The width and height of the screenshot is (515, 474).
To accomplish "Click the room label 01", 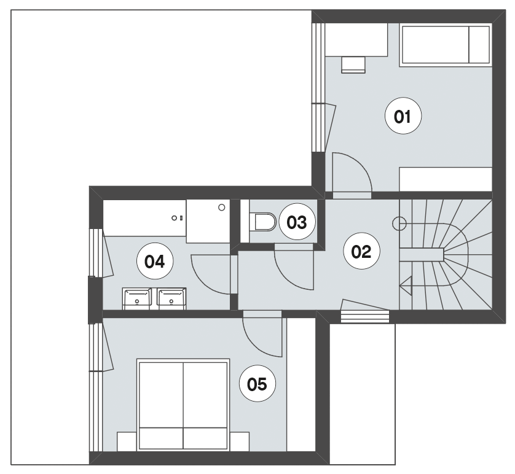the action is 403,116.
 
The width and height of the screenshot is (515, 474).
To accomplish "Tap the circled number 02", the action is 361,251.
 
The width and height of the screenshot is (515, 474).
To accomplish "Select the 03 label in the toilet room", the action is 297,222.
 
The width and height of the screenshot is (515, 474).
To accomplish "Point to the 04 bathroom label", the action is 155,261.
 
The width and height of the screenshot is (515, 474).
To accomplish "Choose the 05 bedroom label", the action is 257,384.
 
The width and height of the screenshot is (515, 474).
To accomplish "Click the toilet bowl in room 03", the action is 262,222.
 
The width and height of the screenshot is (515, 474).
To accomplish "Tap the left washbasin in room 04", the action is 137,298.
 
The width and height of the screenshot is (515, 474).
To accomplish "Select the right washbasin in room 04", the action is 171,298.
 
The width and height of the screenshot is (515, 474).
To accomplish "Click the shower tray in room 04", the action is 208,221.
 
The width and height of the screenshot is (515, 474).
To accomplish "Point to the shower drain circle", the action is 222,208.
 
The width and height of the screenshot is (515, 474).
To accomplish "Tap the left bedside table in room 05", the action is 127,441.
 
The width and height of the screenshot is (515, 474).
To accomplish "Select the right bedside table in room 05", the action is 240,441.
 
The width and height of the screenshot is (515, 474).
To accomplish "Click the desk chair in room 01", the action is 353,64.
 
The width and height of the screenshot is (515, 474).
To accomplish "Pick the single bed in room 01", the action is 446,44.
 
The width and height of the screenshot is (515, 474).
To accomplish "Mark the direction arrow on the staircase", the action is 406,286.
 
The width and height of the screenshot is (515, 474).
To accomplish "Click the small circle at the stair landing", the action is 399,223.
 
